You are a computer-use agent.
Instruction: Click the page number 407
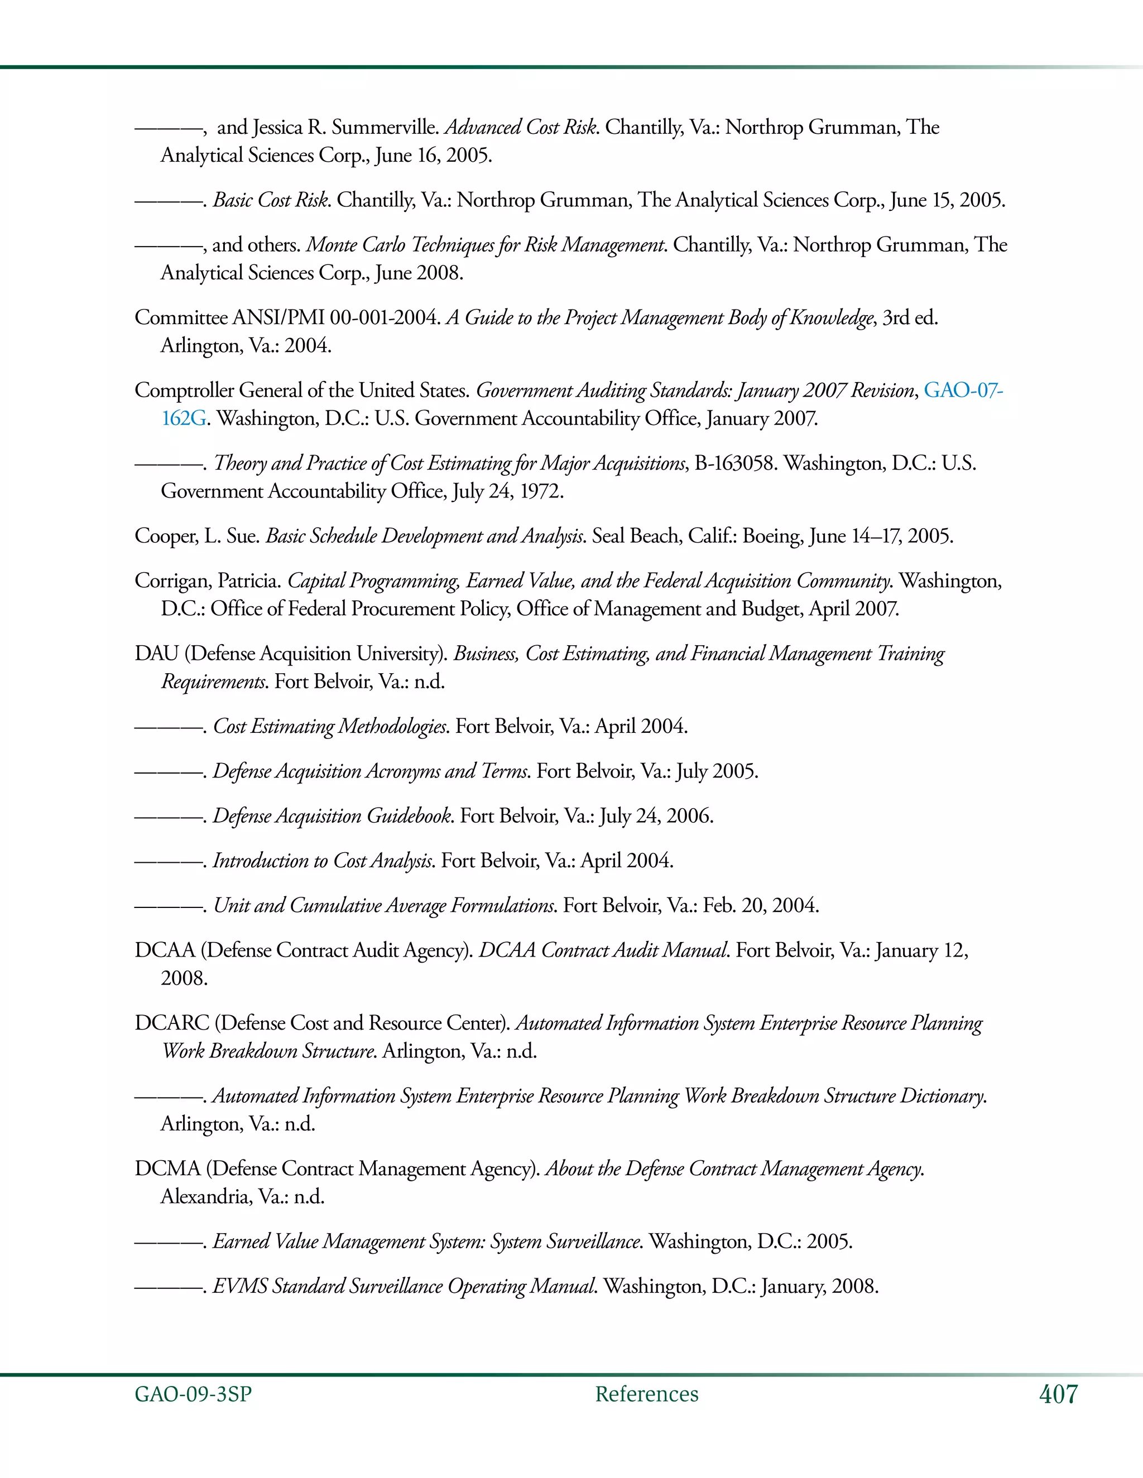[x=1058, y=1394]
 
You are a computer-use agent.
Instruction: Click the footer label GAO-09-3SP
[x=193, y=1394]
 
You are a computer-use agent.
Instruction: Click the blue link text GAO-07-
[x=963, y=390]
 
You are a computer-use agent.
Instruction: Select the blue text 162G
[x=184, y=419]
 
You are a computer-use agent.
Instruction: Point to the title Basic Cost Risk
[x=271, y=200]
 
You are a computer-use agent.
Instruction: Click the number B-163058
[x=734, y=463]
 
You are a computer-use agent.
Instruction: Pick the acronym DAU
[x=156, y=654]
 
